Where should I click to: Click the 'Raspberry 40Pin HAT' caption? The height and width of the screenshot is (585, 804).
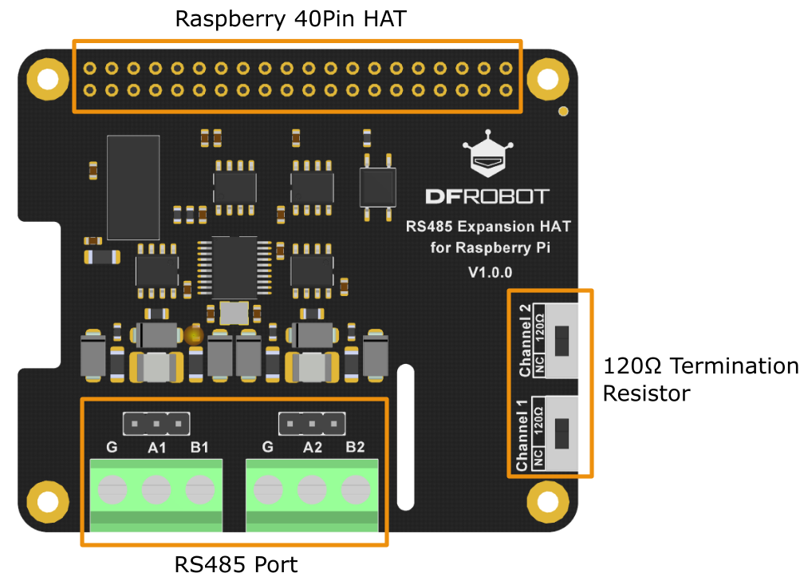[291, 19]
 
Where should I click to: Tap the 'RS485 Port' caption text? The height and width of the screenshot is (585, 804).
[236, 565]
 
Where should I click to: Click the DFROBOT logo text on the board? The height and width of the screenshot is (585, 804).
[487, 196]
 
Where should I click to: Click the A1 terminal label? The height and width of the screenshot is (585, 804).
[156, 448]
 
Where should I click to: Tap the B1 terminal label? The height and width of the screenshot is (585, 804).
[199, 448]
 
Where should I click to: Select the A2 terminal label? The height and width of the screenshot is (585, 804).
[312, 448]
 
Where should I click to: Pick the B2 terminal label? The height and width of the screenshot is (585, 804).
[355, 448]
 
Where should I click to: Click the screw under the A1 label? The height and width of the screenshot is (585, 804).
[156, 487]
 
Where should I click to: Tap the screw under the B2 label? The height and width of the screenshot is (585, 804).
[355, 487]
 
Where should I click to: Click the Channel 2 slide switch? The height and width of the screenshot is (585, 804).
[562, 341]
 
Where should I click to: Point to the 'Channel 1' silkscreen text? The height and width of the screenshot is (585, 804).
[522, 435]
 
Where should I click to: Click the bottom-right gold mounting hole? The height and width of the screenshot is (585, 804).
[547, 501]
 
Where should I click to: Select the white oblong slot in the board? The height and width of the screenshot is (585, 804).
[406, 437]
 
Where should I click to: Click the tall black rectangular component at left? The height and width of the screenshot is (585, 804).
[133, 188]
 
